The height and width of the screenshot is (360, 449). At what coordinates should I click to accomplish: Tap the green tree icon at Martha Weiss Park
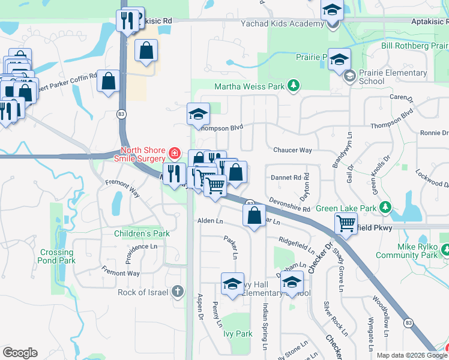pos(294,86)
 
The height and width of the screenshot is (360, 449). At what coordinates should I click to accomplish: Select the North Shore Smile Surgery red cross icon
pos(174,154)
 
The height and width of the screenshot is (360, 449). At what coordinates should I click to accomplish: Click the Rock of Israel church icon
pos(177,292)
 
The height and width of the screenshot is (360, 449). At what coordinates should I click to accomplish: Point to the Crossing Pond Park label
pos(57,257)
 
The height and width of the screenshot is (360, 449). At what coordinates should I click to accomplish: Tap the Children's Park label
pos(142,233)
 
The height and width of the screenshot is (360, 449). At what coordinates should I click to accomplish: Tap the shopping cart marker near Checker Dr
pos(346,223)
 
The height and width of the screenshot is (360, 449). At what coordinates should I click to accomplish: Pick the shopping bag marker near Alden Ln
pos(255,215)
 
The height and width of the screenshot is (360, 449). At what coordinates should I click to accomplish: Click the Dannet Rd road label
pos(286,178)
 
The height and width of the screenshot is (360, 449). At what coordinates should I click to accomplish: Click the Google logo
pos(20,353)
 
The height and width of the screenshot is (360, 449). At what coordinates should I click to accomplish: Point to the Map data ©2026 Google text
pos(411,355)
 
